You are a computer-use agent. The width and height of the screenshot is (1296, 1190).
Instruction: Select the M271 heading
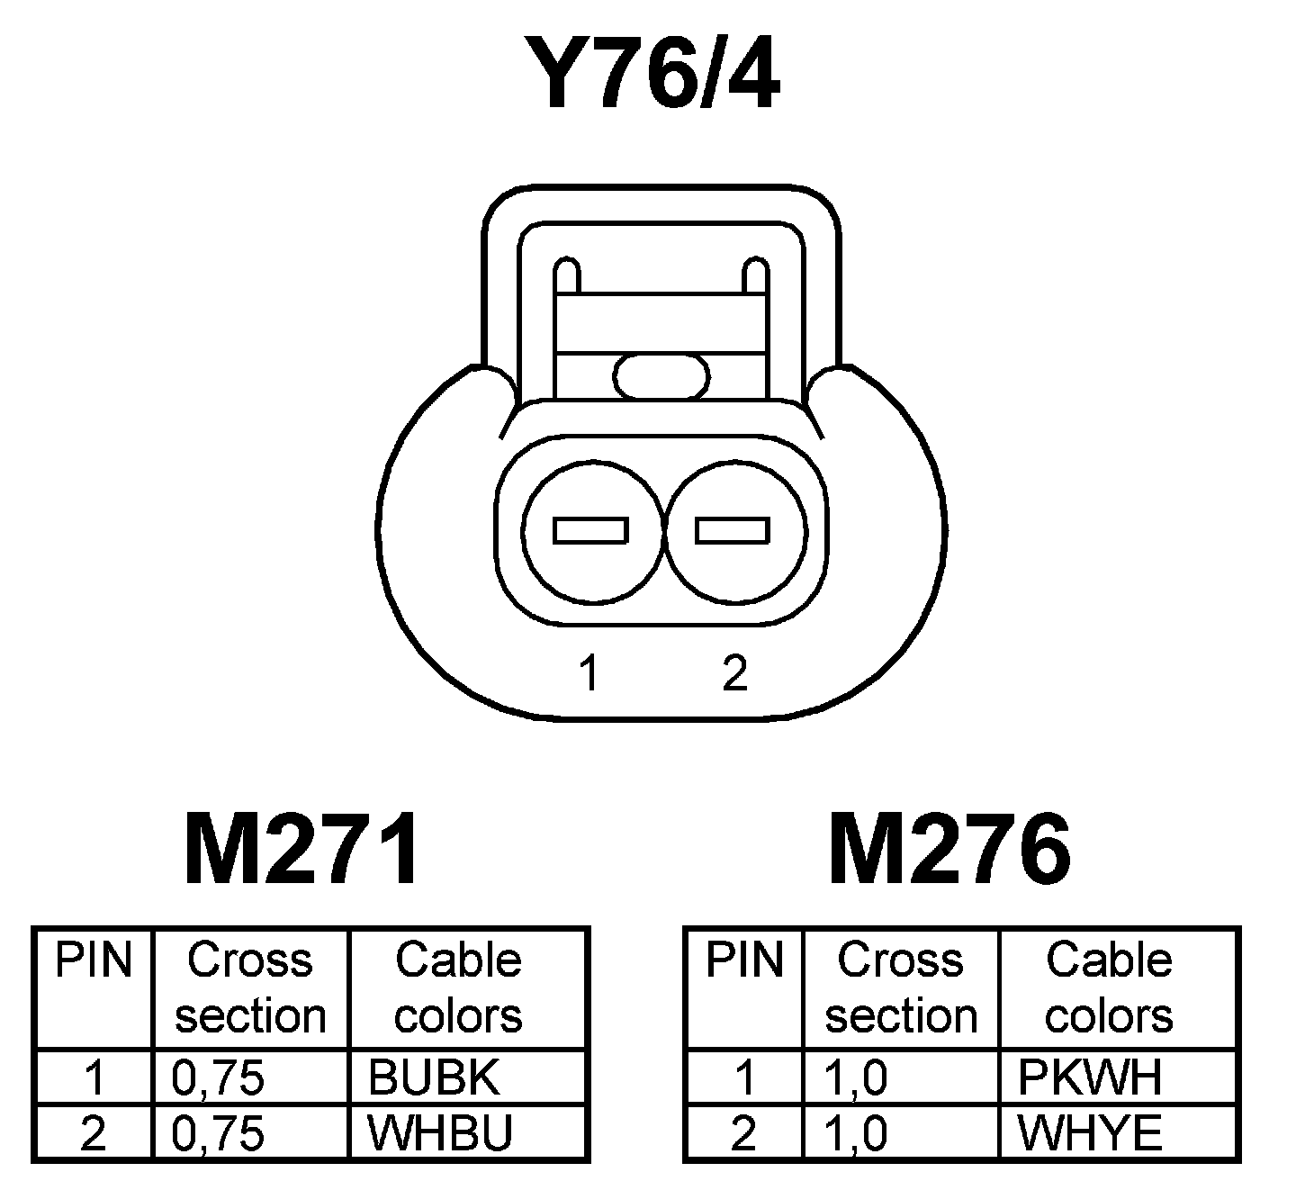pos(301,850)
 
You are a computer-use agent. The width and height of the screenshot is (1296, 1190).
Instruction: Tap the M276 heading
pos(950,850)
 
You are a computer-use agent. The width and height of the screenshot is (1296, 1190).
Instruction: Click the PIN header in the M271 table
pos(94,960)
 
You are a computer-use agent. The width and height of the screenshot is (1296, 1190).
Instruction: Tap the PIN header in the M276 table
pos(744,960)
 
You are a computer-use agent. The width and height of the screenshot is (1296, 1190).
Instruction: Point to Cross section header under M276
pos(901,987)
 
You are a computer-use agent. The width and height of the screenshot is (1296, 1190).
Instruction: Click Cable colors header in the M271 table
pos(458,987)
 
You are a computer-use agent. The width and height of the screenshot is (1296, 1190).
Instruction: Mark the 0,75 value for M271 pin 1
pos(218,1077)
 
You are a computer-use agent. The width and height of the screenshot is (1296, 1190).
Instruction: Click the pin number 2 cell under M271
pos(94,1133)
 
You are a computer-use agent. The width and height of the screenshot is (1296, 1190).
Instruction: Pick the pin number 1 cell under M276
pos(744,1077)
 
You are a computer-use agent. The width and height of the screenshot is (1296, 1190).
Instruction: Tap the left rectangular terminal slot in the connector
pos(590,530)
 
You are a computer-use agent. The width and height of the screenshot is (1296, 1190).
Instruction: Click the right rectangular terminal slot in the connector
pos(733,530)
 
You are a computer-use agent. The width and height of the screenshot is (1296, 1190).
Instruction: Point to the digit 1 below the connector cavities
pos(589,672)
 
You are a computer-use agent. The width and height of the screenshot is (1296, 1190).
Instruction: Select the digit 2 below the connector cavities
pos(734,672)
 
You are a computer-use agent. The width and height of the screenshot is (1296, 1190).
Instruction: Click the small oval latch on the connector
pos(661,375)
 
